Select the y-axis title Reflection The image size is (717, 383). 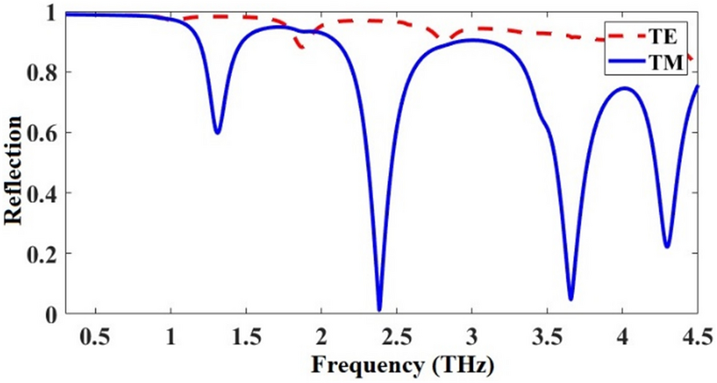coord(14,169)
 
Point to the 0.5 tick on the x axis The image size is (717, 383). coord(96,333)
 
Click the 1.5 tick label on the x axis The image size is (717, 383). coord(246,333)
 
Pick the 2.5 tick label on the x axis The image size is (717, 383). coord(397,333)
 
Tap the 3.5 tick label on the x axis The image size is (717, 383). coord(547,333)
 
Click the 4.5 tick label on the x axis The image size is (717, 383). coord(696,333)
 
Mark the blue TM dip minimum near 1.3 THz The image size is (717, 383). coord(217,132)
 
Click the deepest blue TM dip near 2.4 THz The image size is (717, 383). coord(379,310)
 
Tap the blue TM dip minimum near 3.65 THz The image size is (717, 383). coord(571,299)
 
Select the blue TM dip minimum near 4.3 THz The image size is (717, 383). coord(667,247)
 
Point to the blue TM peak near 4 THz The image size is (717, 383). coord(623,88)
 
